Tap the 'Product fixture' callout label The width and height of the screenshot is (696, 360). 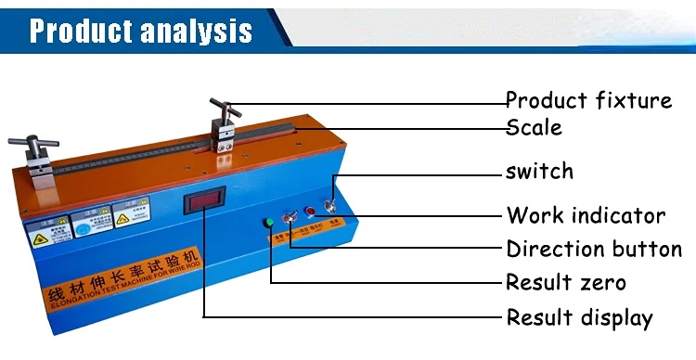pyautogui.click(x=588, y=100)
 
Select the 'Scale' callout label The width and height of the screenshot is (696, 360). pyautogui.click(x=534, y=127)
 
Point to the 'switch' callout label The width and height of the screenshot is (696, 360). pyautogui.click(x=539, y=172)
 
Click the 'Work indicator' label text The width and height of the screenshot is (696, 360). pyautogui.click(x=586, y=216)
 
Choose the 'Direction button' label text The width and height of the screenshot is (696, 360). pyautogui.click(x=594, y=250)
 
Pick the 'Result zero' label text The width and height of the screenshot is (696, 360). pyautogui.click(x=565, y=282)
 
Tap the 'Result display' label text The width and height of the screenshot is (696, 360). pyautogui.click(x=579, y=318)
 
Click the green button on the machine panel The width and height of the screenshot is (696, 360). pyautogui.click(x=269, y=222)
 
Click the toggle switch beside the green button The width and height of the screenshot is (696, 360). pyautogui.click(x=290, y=219)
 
